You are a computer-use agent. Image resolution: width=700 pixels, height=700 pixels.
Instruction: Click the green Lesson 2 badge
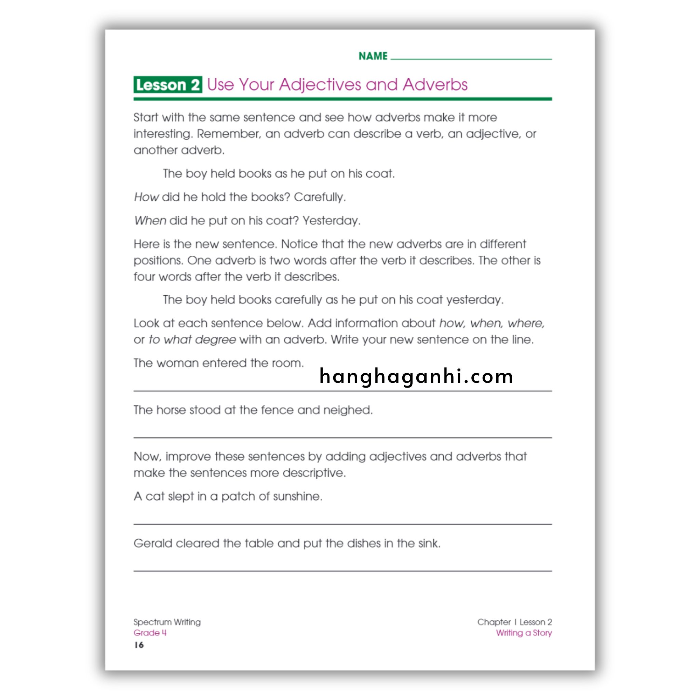pyautogui.click(x=167, y=85)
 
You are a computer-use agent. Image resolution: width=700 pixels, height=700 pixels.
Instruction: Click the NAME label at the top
pyautogui.click(x=373, y=56)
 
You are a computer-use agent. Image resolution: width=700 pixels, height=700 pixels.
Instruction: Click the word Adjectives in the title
pyautogui.click(x=320, y=85)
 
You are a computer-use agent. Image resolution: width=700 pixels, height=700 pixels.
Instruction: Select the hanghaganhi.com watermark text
pyautogui.click(x=416, y=376)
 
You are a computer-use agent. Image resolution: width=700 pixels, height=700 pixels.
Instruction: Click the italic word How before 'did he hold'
pyautogui.click(x=146, y=197)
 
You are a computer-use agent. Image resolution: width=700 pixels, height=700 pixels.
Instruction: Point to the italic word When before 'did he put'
pyautogui.click(x=150, y=221)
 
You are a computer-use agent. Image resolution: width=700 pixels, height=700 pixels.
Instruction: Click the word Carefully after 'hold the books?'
pyautogui.click(x=320, y=197)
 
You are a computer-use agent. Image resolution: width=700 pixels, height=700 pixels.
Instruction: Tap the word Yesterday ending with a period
pyautogui.click(x=332, y=221)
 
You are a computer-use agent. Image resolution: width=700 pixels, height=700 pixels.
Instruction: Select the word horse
pyautogui.click(x=171, y=410)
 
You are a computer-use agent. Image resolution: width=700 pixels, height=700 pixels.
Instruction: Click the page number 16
pyautogui.click(x=139, y=645)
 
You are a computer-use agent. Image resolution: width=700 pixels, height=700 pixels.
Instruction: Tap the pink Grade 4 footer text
pyautogui.click(x=150, y=633)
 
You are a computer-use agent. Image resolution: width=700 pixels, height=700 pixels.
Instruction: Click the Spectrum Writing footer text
pyautogui.click(x=167, y=622)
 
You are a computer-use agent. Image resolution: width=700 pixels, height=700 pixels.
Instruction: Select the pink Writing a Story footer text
pyautogui.click(x=524, y=633)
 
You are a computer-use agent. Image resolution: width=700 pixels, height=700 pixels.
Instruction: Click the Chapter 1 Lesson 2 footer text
pyautogui.click(x=514, y=622)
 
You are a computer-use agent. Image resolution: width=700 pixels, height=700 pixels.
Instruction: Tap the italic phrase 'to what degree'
pyautogui.click(x=192, y=340)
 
